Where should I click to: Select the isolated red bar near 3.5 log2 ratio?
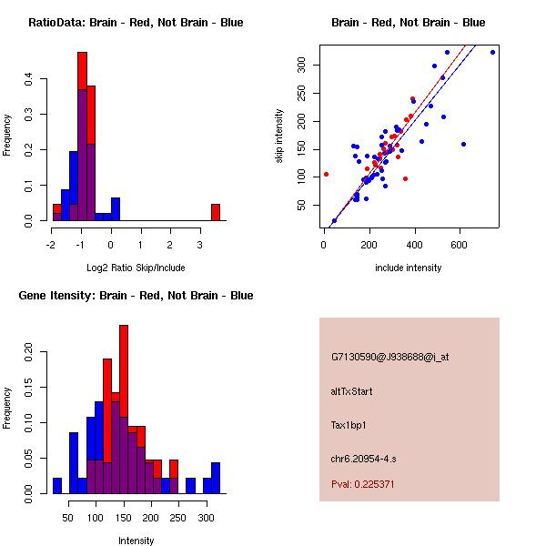(x=216, y=212)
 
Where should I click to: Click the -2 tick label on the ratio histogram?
(x=52, y=244)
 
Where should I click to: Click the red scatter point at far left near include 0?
(x=326, y=174)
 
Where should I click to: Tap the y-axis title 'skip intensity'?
(x=279, y=136)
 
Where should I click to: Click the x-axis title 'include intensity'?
(x=408, y=268)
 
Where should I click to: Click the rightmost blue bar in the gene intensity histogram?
(x=216, y=478)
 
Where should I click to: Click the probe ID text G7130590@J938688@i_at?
(x=389, y=357)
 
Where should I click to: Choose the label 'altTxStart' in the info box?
(x=351, y=391)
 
